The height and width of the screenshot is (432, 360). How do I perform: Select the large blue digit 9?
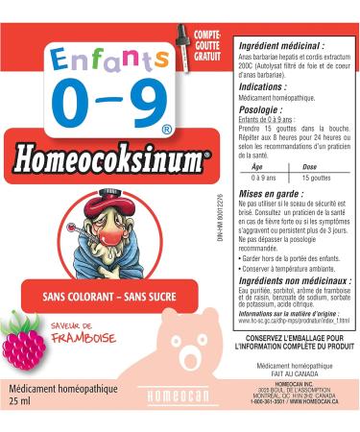[136, 103]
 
